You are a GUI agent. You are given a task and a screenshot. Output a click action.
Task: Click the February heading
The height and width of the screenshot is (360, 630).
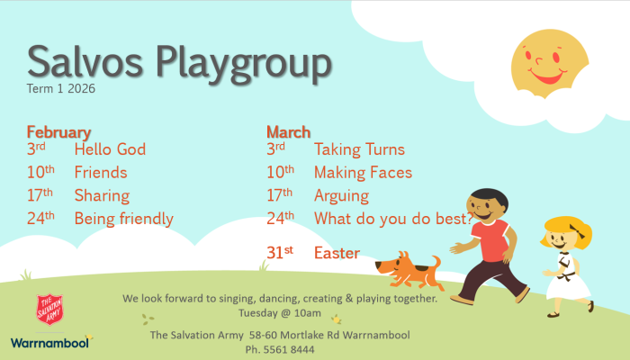(58, 132)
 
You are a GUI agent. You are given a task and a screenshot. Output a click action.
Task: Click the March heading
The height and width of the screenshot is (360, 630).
(288, 132)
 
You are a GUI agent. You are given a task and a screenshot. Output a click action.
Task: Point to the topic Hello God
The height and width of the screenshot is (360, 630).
(110, 149)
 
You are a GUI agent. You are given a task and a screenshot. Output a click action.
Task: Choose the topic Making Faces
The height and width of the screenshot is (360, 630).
(363, 172)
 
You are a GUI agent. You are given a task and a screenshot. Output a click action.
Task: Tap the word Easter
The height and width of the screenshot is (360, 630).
(337, 253)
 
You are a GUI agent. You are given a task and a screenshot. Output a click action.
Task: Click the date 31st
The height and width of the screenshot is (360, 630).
(280, 253)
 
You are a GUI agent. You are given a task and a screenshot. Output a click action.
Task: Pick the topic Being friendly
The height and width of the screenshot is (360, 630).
(123, 218)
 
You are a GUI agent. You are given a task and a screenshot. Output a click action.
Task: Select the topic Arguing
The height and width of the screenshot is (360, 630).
(341, 195)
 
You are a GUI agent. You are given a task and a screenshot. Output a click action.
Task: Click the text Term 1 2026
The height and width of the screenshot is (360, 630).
(61, 89)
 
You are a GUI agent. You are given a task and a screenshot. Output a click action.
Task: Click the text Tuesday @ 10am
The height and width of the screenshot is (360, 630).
(279, 313)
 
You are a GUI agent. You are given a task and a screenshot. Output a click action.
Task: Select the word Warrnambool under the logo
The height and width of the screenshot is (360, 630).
(49, 342)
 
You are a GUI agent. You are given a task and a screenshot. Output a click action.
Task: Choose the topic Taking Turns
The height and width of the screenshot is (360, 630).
(359, 149)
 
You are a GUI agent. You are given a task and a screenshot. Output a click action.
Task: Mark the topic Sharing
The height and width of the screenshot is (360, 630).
(102, 195)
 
